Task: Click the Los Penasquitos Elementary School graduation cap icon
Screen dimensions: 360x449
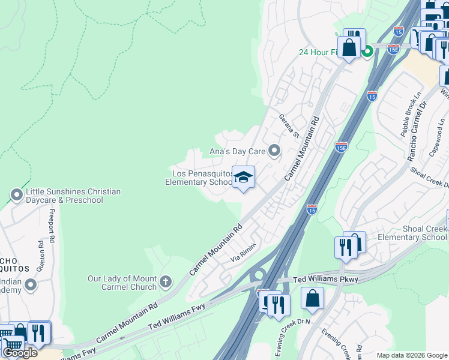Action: (243, 177)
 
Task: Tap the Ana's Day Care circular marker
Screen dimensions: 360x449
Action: (274, 151)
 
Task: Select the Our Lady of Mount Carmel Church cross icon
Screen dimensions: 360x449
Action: (166, 281)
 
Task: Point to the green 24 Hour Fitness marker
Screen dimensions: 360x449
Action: (367, 52)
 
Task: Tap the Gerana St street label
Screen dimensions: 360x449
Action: (289, 125)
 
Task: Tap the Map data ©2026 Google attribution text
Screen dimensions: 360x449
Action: (412, 355)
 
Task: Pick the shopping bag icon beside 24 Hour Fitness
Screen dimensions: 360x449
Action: (349, 47)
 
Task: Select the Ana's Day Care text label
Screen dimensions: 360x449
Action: (237, 151)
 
